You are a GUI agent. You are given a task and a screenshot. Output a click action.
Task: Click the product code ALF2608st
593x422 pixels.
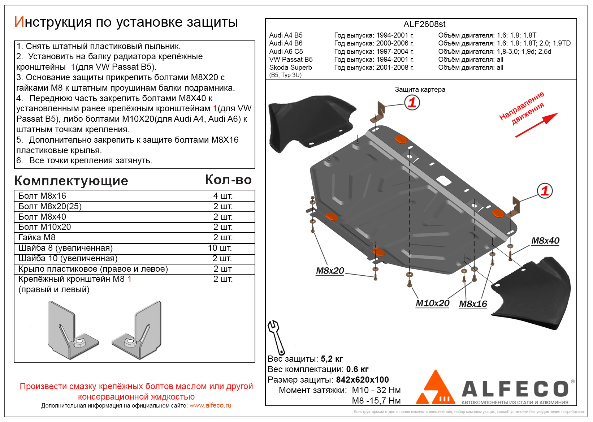(424, 24)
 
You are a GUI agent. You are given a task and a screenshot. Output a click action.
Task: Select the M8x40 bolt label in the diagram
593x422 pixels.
(545, 241)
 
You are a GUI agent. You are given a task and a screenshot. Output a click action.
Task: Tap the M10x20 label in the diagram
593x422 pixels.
(432, 303)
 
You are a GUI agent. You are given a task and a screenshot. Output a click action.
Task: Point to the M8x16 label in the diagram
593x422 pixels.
(473, 304)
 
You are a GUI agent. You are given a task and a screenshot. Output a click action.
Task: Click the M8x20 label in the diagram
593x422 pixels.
(330, 271)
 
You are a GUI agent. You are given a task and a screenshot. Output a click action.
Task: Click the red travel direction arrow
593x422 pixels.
(536, 125)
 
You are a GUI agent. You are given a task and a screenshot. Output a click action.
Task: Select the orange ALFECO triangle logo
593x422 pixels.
(435, 388)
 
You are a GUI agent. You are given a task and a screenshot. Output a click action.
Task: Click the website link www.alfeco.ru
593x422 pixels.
(210, 405)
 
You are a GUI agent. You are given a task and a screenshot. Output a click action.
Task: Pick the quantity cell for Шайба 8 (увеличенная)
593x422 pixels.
(220, 248)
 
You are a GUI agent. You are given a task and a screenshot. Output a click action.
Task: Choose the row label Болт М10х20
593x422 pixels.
(45, 227)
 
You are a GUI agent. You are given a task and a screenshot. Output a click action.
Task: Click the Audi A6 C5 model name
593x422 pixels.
(286, 51)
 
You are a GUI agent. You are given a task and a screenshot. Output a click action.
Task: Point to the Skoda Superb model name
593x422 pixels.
(290, 67)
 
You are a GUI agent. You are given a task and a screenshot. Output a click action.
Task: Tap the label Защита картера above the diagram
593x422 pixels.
(420, 89)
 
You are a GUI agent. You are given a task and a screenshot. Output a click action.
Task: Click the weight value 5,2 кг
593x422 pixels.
(332, 359)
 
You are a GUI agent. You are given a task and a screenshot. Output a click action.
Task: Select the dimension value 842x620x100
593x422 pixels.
(362, 380)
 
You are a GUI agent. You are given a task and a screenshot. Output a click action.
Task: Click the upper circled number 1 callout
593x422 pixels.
(412, 103)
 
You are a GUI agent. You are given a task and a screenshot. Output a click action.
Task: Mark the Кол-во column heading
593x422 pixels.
(228, 180)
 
